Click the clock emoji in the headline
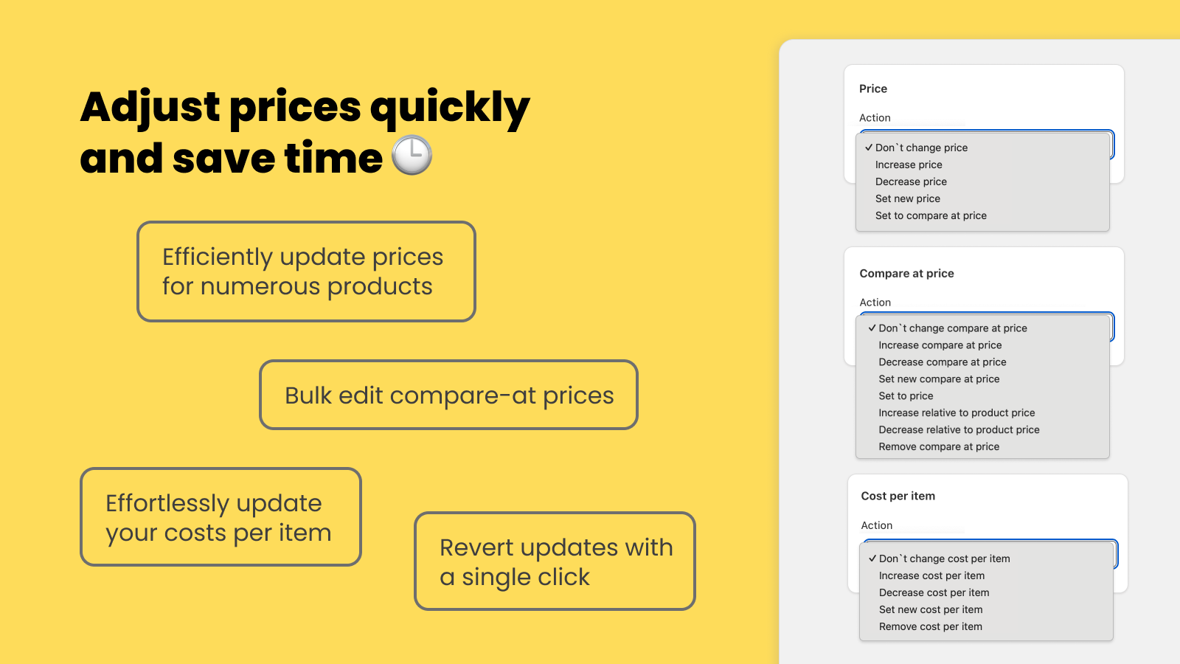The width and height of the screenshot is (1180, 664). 412,155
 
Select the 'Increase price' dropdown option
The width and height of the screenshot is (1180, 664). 909,165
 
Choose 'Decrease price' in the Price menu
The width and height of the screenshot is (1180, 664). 911,181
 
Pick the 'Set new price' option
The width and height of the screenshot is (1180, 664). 908,198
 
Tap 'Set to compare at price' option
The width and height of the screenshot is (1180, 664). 931,215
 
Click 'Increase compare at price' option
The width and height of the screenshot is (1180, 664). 940,345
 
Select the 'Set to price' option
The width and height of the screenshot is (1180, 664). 906,395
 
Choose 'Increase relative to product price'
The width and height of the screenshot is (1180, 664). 957,412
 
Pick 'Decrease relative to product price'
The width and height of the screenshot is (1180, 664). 959,429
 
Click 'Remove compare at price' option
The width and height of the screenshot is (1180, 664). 939,446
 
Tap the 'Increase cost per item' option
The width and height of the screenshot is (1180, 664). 931,575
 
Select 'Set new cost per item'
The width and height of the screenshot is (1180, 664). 930,609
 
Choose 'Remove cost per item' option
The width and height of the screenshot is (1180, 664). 930,626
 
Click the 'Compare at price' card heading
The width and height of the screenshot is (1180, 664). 906,274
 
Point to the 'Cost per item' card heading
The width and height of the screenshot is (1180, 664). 898,496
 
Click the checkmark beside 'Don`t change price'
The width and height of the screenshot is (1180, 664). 869,148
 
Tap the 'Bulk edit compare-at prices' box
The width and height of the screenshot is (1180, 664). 448,395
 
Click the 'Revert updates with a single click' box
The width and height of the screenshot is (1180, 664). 555,561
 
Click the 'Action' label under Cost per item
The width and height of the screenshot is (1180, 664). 877,525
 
